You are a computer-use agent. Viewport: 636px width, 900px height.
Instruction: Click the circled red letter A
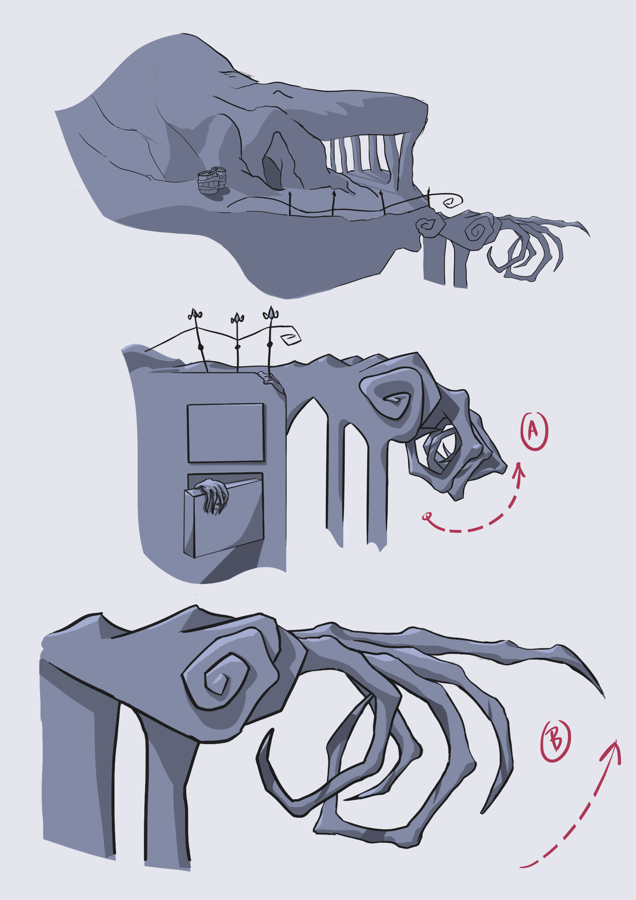[534, 431]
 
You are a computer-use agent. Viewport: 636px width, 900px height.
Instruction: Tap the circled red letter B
[555, 741]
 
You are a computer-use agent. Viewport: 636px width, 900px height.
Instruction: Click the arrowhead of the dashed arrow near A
[520, 469]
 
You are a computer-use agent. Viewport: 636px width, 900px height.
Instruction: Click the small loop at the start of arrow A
[427, 516]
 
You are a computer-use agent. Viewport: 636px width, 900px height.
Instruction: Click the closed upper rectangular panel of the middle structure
[225, 433]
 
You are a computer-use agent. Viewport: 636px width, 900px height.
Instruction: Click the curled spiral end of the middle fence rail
[291, 337]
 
